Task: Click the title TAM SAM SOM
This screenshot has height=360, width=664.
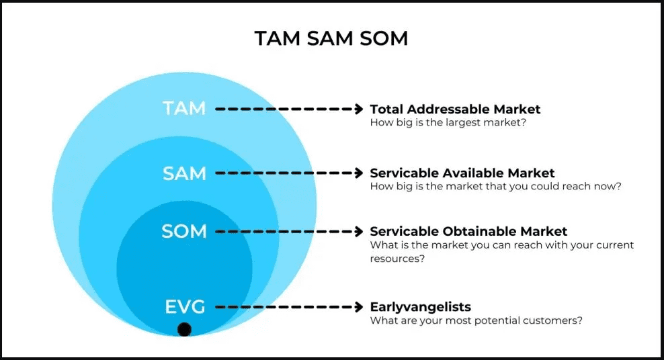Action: (x=331, y=38)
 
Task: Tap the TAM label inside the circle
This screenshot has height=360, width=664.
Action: (x=184, y=108)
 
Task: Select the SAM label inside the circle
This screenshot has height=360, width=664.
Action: (x=184, y=173)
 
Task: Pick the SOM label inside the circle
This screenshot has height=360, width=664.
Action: (x=184, y=232)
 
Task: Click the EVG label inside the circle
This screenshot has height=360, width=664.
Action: (x=185, y=307)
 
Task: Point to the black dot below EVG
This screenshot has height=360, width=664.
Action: (x=184, y=329)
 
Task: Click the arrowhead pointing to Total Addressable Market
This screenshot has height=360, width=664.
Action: (x=358, y=108)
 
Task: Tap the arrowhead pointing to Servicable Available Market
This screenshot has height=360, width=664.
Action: (x=358, y=173)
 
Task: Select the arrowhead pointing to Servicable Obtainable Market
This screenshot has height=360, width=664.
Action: (x=358, y=232)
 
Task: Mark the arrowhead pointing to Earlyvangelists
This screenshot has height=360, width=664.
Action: (x=358, y=307)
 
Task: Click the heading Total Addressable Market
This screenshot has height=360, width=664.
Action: (x=455, y=109)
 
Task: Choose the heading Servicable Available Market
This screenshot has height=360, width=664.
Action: (x=462, y=173)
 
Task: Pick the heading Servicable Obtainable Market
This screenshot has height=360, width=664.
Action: (x=468, y=232)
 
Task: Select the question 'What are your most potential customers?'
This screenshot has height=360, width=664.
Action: (x=476, y=321)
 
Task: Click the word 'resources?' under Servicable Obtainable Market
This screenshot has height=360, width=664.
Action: (x=397, y=259)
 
